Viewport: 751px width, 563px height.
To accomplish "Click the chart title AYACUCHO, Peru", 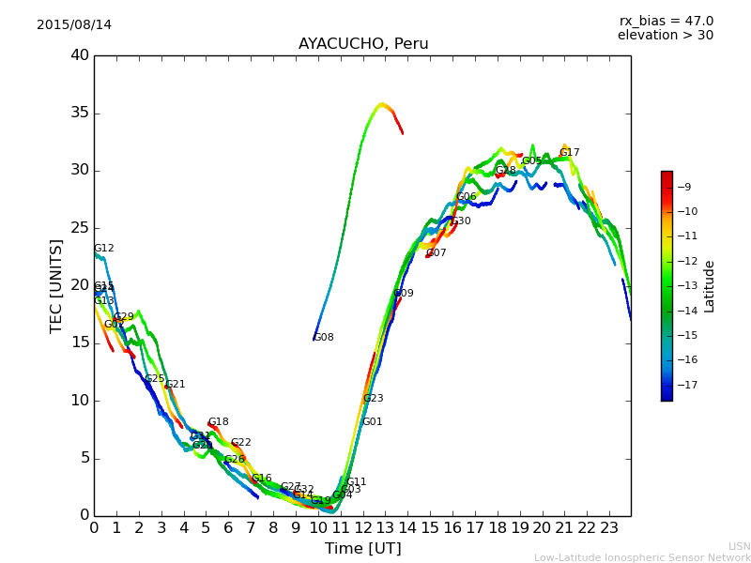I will (x=363, y=44).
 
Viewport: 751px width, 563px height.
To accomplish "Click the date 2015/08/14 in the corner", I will (x=74, y=24).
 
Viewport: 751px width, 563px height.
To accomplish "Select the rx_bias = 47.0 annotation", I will (x=666, y=21).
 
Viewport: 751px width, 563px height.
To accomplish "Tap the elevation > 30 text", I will (x=666, y=36).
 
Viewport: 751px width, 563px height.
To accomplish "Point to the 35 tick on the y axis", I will (x=80, y=114).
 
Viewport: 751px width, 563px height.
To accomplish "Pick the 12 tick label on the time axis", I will (x=362, y=528).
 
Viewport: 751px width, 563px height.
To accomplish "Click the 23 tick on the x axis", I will (x=609, y=528).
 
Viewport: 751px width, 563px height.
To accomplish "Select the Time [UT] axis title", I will (x=363, y=548).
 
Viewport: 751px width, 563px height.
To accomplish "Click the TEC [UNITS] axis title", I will (x=57, y=285).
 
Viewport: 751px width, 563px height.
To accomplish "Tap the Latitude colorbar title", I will (x=710, y=286).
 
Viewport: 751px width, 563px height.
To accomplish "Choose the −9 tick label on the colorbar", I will (x=685, y=187).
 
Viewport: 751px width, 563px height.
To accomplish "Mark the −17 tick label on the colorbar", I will (x=685, y=385).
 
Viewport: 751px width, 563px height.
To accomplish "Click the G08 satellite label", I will (x=324, y=338).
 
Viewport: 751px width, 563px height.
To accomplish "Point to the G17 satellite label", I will (x=570, y=153).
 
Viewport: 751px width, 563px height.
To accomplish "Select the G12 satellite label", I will (x=104, y=249).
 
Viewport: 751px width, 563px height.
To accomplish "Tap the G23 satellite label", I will (x=374, y=399).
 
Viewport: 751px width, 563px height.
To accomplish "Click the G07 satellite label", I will (x=437, y=253).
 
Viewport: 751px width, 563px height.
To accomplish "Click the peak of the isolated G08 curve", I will (x=382, y=104).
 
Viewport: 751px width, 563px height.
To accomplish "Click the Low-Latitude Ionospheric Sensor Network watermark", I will (x=642, y=557).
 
